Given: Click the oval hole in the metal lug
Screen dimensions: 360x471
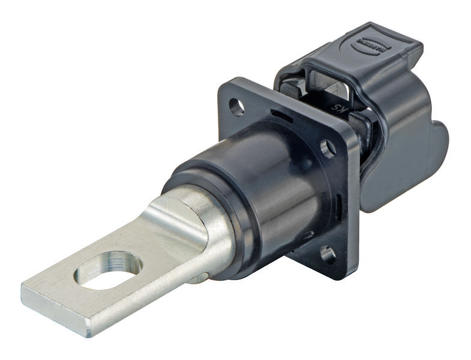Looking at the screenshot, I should tap(109, 269).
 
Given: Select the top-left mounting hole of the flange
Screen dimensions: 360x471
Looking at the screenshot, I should tap(237, 107).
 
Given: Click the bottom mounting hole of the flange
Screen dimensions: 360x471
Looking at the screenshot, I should tap(328, 254).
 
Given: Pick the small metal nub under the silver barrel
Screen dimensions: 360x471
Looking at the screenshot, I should tap(202, 277).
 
